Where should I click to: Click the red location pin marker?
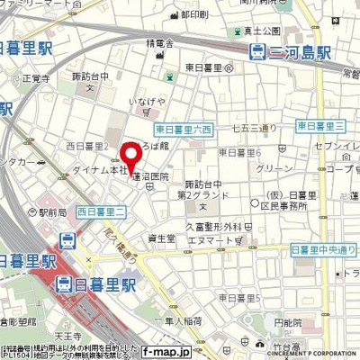tap(131, 155)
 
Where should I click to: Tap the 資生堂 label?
tap(160, 239)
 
